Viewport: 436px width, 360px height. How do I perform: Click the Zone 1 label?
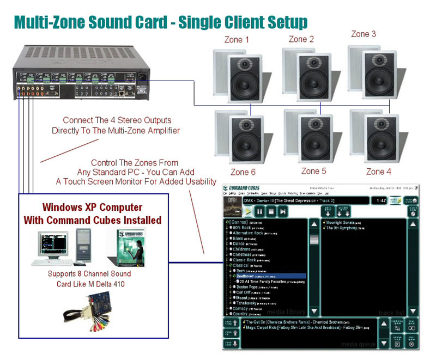pyautogui.click(x=237, y=40)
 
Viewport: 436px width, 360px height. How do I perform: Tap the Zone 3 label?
pyautogui.click(x=364, y=34)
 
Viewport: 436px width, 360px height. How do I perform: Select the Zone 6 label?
pyautogui.click(x=243, y=172)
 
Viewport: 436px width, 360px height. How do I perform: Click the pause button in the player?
pyautogui.click(x=260, y=211)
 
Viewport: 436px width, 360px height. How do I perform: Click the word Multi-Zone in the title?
pyautogui.click(x=51, y=22)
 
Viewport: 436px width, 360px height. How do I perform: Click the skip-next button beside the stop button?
pyautogui.click(x=282, y=211)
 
